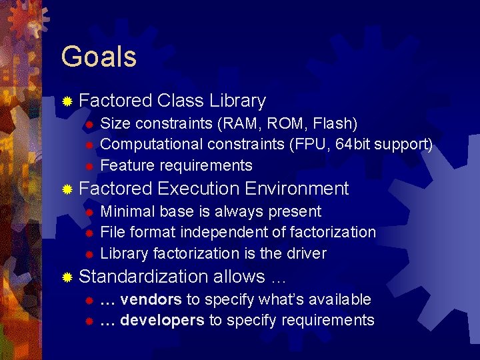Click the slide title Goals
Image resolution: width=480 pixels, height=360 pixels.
point(99,57)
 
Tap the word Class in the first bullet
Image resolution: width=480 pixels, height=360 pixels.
point(181,101)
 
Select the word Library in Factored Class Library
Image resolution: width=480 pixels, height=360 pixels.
point(237,101)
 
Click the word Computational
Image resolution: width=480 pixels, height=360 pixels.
point(151,145)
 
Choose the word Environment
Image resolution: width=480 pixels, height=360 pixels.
point(297,189)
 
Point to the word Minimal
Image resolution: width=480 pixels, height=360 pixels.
point(127,212)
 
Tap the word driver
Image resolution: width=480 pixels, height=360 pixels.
point(306,254)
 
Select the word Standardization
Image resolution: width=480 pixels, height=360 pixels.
point(144,276)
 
